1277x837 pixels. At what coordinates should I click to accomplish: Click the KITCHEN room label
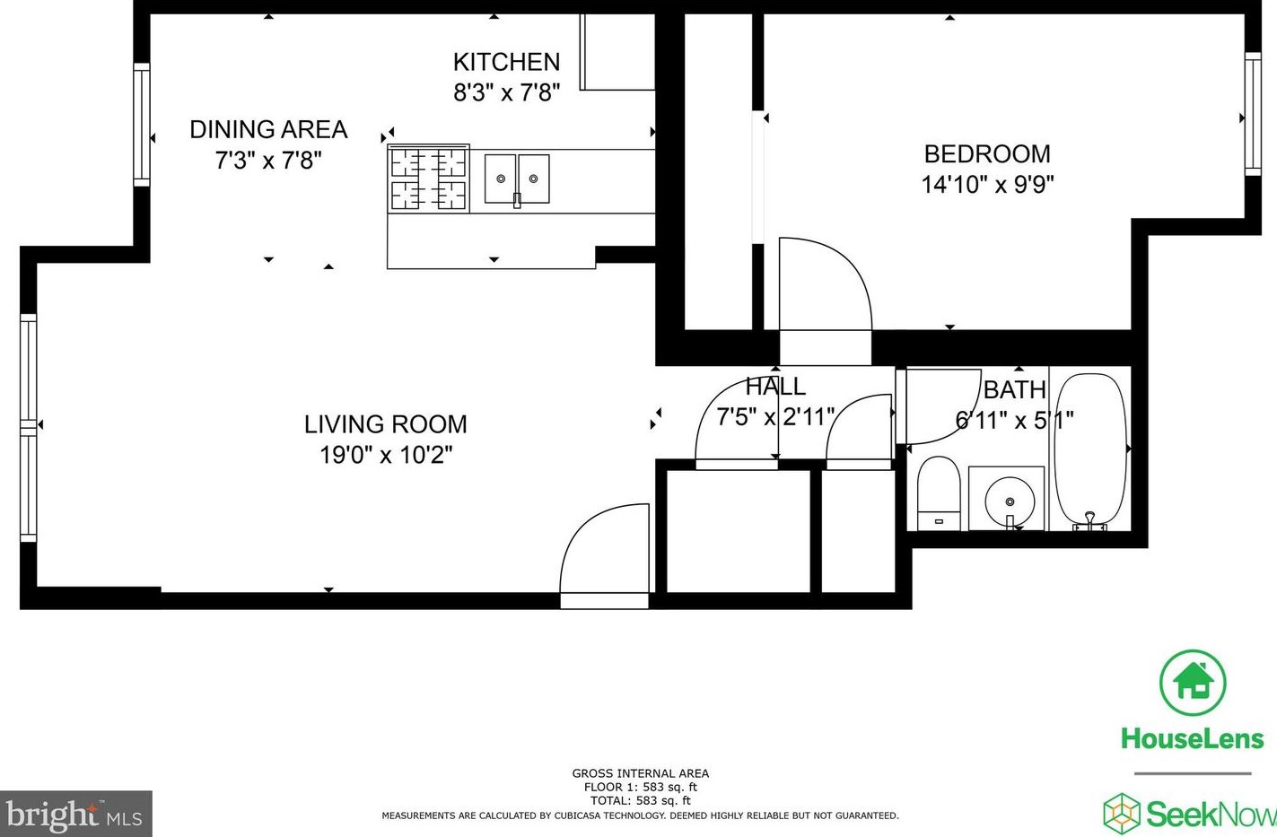[x=506, y=62]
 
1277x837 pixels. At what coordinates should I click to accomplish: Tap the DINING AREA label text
[x=268, y=129]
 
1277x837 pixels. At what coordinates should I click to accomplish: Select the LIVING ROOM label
[x=385, y=424]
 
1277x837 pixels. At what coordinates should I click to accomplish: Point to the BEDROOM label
[x=987, y=153]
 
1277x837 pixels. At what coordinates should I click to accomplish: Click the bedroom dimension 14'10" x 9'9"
[x=987, y=185]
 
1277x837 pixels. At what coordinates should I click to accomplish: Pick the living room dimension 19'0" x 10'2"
[x=386, y=455]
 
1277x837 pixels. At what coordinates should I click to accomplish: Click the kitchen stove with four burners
[x=428, y=179]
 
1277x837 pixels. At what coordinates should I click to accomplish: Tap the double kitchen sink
[x=517, y=179]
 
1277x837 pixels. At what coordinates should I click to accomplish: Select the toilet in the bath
[x=939, y=493]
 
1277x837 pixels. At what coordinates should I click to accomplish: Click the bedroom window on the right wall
[x=1253, y=114]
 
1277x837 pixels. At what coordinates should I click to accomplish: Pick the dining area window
[x=142, y=124]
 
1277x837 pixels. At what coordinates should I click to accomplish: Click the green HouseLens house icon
[x=1193, y=683]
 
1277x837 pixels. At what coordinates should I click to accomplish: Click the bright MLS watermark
[x=74, y=815]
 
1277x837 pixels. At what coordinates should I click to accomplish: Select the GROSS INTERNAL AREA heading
[x=640, y=773]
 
